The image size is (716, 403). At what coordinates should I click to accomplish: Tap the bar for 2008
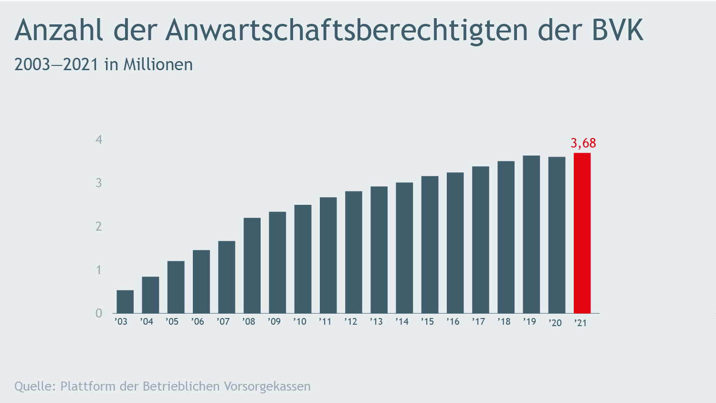click(252, 265)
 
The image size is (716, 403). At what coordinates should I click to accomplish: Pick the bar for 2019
click(531, 234)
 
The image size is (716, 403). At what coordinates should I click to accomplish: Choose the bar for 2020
click(557, 235)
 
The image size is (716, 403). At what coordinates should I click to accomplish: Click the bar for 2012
click(354, 252)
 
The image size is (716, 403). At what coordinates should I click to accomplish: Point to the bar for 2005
click(176, 287)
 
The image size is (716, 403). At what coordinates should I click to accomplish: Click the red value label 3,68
click(583, 143)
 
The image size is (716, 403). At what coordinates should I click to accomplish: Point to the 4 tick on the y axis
click(99, 139)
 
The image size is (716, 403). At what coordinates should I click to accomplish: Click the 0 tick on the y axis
click(99, 313)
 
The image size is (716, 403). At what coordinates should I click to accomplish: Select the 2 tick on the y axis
click(99, 226)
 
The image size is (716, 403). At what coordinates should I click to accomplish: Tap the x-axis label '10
click(300, 322)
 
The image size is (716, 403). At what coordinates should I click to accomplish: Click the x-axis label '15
click(427, 322)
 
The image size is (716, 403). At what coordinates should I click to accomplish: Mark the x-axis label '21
click(580, 323)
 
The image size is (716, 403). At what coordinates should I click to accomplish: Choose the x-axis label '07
click(223, 322)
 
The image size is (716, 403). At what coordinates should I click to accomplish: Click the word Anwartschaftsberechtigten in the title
click(347, 30)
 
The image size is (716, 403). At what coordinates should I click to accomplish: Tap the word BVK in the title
click(618, 30)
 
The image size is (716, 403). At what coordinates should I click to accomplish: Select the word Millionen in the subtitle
click(158, 64)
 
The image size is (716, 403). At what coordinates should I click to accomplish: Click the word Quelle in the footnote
click(33, 386)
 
